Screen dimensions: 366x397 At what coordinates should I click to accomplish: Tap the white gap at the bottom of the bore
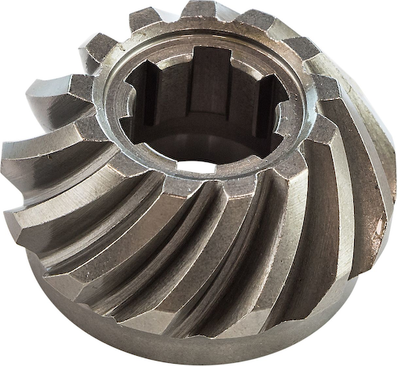196,167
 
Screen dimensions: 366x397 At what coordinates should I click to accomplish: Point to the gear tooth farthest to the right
380,159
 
